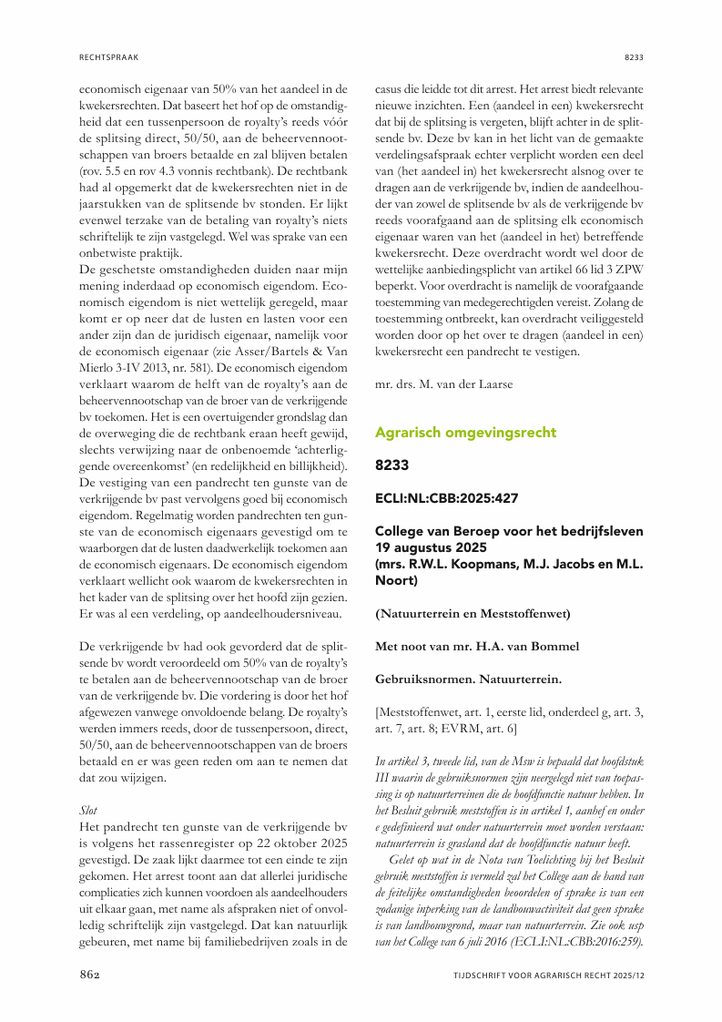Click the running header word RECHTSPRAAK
(109, 57)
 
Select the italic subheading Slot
(90, 807)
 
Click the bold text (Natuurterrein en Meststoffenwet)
(473, 614)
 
